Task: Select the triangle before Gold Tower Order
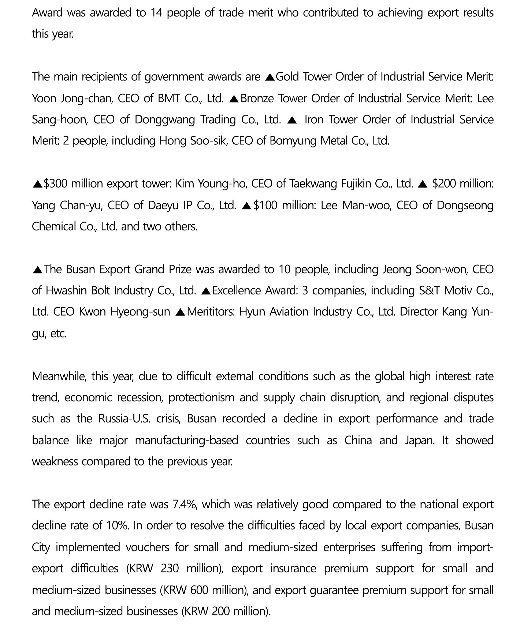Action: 270,77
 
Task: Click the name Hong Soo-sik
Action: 194,141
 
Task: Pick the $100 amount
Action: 265,205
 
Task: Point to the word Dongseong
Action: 465,205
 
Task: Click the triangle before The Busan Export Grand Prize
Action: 38,270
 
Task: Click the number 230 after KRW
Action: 170,568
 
